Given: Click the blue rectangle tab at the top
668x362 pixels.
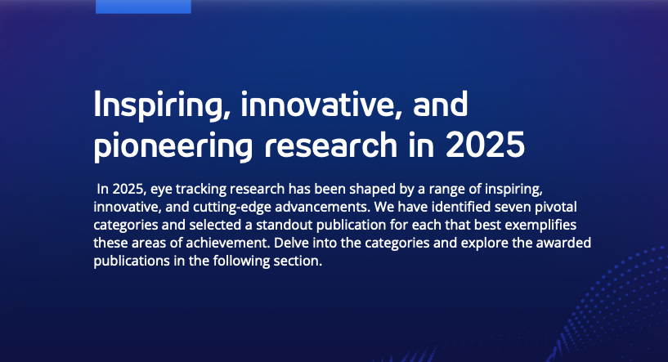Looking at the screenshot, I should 143,7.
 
